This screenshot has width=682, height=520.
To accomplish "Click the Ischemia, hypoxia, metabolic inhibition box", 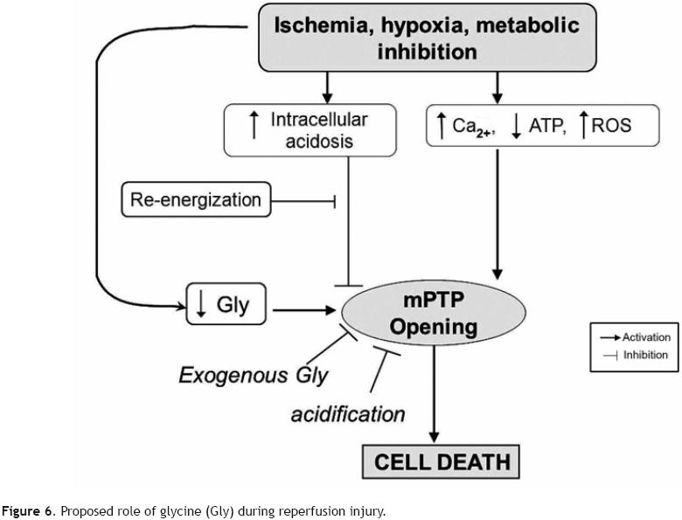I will coord(427,38).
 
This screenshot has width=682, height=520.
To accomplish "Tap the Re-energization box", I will coord(195,199).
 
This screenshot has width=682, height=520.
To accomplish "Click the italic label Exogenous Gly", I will coord(254,376).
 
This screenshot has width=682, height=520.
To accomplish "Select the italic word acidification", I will coord(347,413).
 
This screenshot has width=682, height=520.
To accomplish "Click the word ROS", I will coord(612,127).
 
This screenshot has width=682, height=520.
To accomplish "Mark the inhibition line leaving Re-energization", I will coord(301,200).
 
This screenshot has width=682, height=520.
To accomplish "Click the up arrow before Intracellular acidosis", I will coord(254,127).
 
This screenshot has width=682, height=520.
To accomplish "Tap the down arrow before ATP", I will coord(517,128).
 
